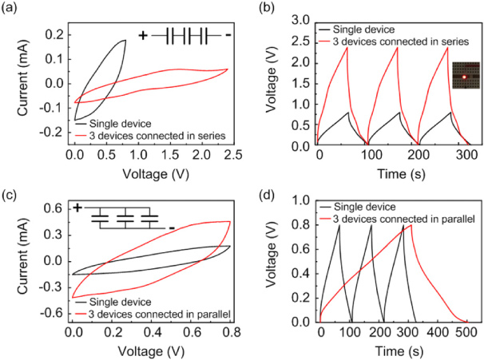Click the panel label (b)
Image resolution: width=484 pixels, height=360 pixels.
coord(260,8)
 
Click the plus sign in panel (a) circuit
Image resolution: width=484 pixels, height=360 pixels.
coord(144,36)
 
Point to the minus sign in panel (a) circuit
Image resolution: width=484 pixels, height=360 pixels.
coord(228,36)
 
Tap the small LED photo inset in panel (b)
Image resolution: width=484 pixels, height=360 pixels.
coord(462,77)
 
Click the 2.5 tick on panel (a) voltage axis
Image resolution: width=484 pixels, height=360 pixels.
coord(228,157)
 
